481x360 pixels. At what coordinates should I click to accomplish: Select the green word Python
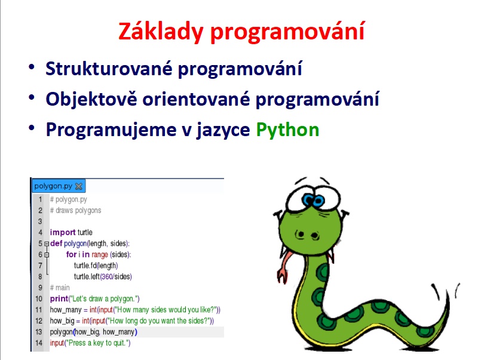[287, 130]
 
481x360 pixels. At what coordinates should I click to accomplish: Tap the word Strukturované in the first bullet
[109, 68]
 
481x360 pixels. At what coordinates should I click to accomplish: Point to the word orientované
[197, 99]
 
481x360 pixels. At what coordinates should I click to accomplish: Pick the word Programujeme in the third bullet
[111, 130]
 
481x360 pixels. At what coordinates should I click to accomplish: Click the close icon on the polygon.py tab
[79, 186]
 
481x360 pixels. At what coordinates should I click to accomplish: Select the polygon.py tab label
[53, 186]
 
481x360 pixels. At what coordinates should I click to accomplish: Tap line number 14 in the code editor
[39, 343]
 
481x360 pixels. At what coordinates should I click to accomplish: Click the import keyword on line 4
[63, 233]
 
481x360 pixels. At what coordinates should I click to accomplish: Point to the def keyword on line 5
[56, 243]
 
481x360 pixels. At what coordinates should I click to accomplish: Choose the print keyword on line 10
[59, 299]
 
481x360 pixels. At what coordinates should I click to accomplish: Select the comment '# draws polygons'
[75, 211]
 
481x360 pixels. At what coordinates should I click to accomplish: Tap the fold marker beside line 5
[47, 244]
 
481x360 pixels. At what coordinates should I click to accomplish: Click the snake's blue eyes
[313, 201]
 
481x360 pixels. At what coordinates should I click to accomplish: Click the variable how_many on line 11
[66, 310]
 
